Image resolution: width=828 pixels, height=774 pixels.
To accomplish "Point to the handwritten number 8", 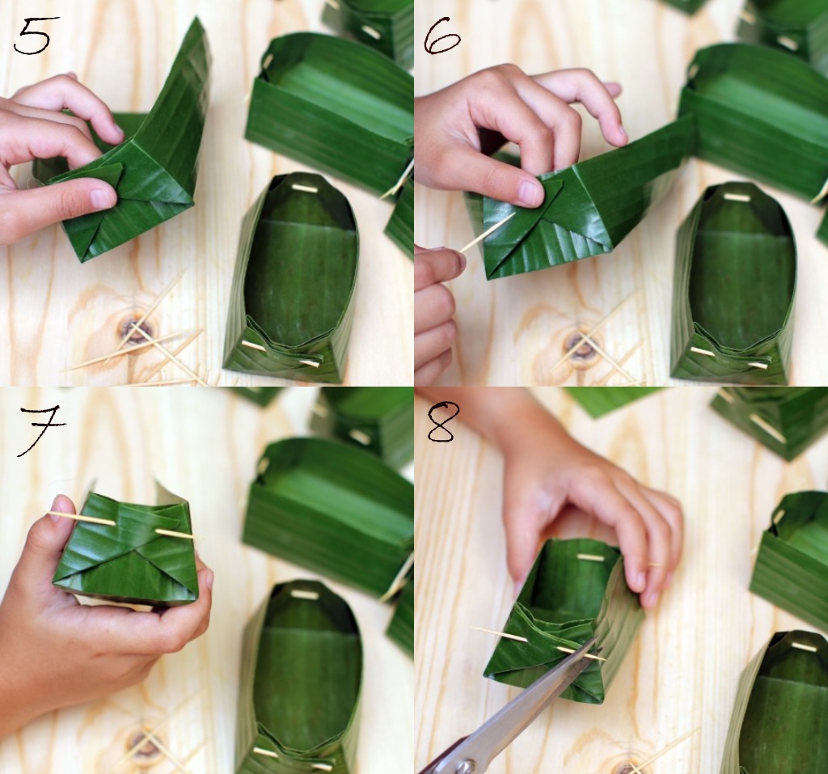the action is pyautogui.click(x=441, y=421).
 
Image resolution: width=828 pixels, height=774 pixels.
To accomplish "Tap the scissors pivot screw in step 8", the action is pyautogui.click(x=465, y=764).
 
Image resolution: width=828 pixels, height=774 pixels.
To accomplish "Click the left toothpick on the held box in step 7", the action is pyautogui.click(x=82, y=518).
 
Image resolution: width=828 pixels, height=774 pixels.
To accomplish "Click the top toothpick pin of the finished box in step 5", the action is pyautogui.click(x=304, y=188).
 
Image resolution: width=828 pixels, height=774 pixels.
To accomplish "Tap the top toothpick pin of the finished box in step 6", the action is pyautogui.click(x=737, y=197).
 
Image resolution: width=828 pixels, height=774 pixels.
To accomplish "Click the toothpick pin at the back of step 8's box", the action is pyautogui.click(x=590, y=557).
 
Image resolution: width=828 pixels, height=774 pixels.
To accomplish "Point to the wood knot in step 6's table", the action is pyautogui.click(x=579, y=344).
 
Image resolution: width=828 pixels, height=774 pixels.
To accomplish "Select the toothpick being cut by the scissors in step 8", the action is pyautogui.click(x=539, y=644).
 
